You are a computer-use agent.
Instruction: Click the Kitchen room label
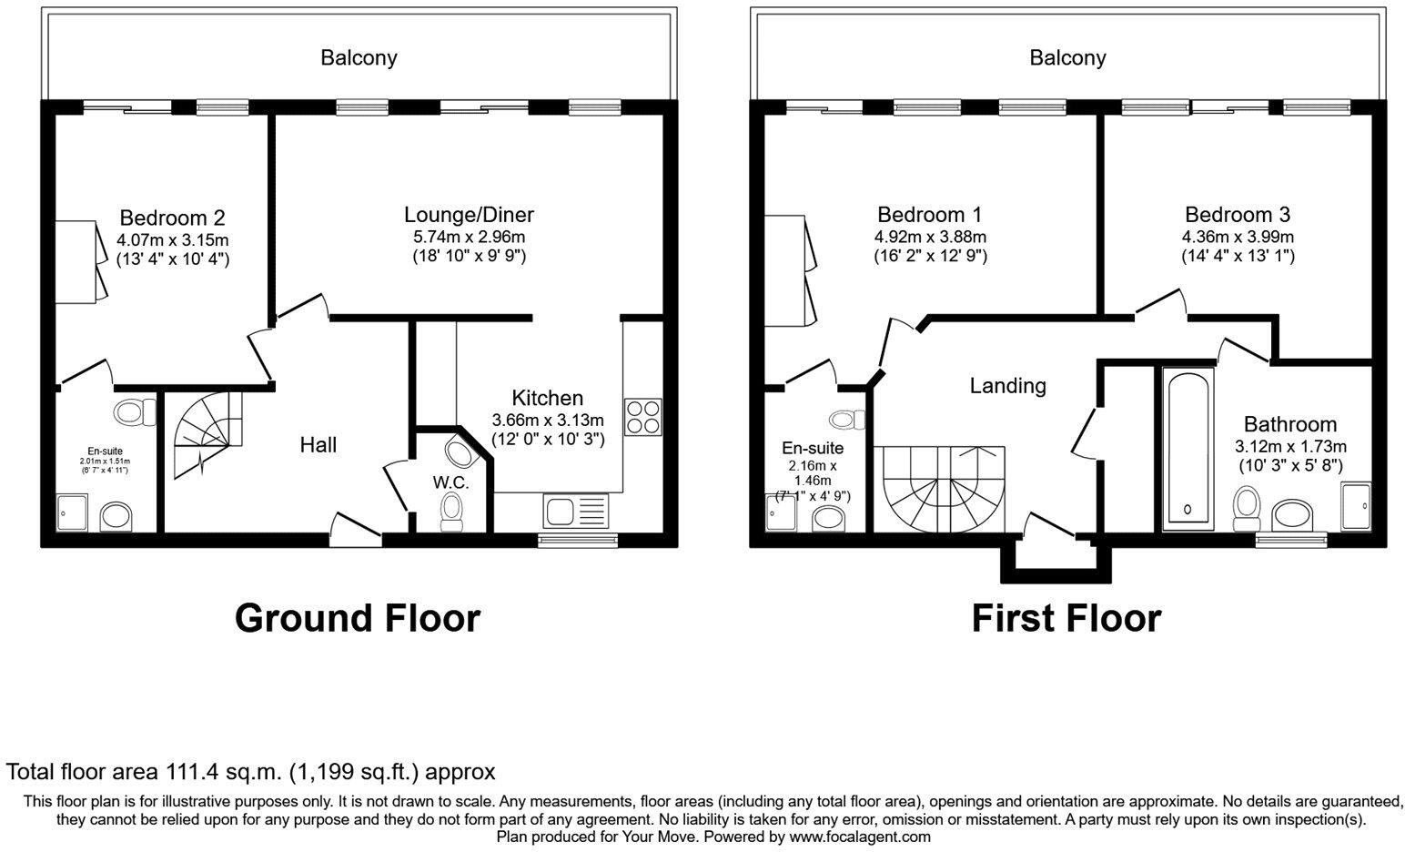(x=547, y=398)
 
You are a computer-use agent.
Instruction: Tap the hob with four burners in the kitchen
(x=644, y=416)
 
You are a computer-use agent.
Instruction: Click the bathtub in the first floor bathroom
(x=1188, y=448)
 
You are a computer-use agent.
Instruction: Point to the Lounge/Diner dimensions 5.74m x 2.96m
(x=469, y=237)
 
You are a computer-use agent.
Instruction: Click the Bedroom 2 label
(x=172, y=218)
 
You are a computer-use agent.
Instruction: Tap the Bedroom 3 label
(x=1237, y=215)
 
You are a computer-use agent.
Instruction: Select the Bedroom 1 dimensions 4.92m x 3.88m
(x=929, y=237)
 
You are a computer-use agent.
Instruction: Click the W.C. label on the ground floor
(x=451, y=482)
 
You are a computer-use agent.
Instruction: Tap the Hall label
(x=318, y=444)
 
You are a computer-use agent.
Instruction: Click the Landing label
(x=1007, y=386)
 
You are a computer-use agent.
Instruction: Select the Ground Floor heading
(x=357, y=618)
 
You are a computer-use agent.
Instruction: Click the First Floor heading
(x=1066, y=618)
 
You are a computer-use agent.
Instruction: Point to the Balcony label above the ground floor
(x=359, y=58)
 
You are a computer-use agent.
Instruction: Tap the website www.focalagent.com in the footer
(x=860, y=837)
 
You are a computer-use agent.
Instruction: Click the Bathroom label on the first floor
(x=1289, y=424)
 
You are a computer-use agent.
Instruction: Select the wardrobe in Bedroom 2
(x=78, y=261)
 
